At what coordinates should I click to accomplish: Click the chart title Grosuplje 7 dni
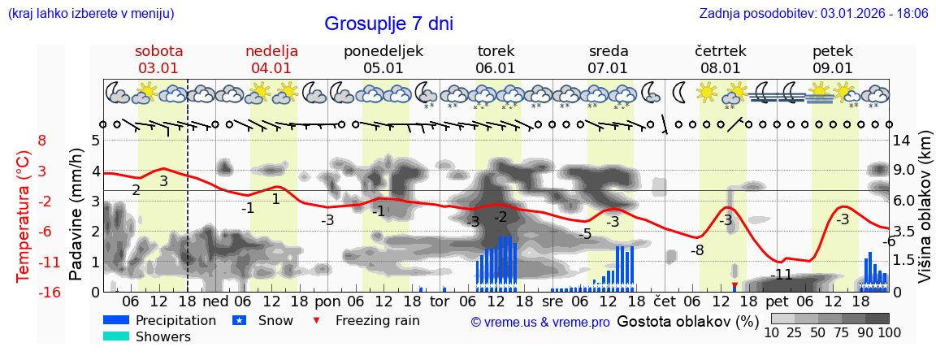(388, 24)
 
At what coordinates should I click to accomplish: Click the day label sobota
(159, 51)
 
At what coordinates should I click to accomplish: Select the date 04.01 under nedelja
(271, 68)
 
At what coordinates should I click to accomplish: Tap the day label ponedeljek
(383, 51)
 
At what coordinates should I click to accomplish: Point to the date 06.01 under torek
(496, 68)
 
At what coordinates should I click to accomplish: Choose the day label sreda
(609, 51)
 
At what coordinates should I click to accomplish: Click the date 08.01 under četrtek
(721, 68)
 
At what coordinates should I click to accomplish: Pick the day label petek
(833, 51)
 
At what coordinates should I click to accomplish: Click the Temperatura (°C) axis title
(24, 216)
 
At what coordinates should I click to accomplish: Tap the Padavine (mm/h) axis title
(76, 215)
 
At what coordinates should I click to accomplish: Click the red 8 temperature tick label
(42, 141)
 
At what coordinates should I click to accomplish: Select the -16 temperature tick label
(49, 293)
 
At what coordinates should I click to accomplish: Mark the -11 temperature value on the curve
(781, 275)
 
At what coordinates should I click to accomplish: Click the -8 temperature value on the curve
(697, 250)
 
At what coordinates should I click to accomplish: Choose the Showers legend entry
(163, 336)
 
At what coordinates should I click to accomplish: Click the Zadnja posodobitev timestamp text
(813, 14)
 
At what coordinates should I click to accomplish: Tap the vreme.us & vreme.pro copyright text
(539, 322)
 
